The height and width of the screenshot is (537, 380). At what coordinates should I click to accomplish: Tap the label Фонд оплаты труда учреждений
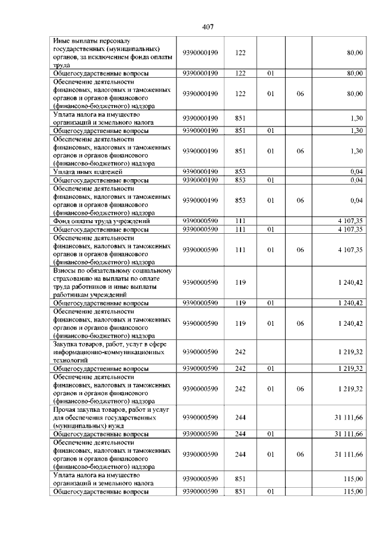coord(101,221)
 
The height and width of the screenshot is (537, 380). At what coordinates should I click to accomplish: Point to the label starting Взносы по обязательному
coord(113,282)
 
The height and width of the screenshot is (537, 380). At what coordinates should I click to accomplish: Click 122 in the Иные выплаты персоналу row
coord(240,53)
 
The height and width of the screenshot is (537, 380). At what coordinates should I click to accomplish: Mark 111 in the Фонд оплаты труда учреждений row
coord(240,221)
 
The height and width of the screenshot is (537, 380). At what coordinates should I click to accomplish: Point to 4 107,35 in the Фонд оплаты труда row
coord(350,221)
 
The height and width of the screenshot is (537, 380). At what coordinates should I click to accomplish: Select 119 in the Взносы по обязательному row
coord(240,282)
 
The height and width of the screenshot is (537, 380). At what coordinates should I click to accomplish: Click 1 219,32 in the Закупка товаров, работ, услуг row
coord(350,352)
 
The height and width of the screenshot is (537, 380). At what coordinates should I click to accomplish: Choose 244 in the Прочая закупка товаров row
coord(240,418)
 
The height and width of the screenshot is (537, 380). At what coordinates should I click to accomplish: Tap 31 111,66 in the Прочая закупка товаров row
coord(349,418)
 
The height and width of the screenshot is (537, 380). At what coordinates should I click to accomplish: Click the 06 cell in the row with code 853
coord(300,200)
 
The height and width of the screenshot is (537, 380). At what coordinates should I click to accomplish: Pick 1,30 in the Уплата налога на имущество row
coord(356,118)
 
